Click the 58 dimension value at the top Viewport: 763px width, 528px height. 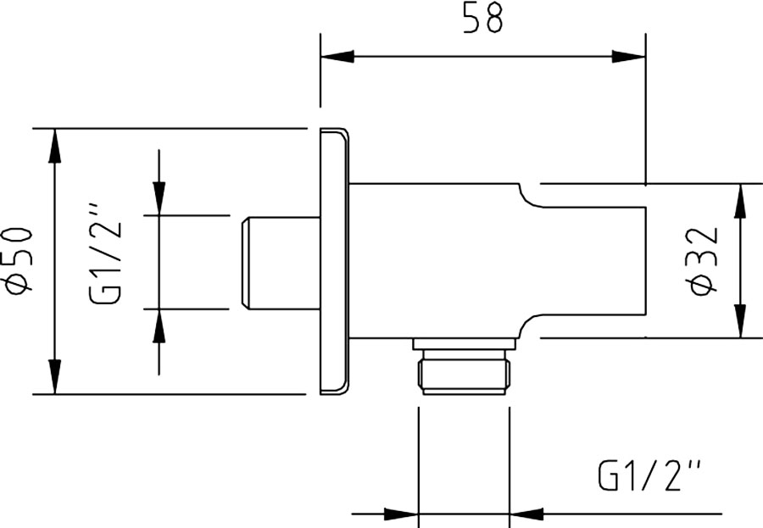click(482, 18)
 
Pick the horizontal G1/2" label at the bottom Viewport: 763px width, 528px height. click(649, 475)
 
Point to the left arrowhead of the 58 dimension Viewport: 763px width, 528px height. click(337, 56)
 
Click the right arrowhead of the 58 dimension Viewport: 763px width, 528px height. click(629, 56)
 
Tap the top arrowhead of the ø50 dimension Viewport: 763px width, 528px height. click(54, 146)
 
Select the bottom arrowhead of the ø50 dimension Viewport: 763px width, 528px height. click(54, 376)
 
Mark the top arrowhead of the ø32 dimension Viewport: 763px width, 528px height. click(740, 201)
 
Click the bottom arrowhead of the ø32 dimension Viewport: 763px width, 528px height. click(740, 320)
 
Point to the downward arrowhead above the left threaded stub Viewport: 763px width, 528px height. click(159, 198)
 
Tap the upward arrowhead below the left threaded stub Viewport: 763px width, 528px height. click(159, 325)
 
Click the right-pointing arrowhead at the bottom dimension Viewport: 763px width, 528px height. click(402, 514)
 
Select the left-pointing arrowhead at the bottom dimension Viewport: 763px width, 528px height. click(526, 514)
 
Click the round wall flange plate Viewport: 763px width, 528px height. click(335, 261)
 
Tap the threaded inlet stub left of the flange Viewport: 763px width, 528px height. click(281, 262)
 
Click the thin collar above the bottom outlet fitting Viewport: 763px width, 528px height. click(464, 343)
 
